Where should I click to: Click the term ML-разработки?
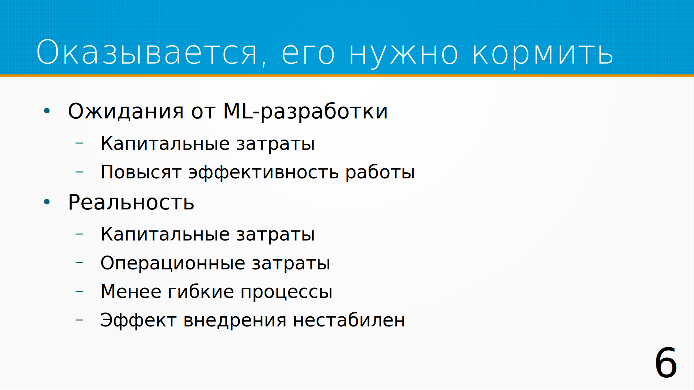[305, 112]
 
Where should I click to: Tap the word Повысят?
[141, 172]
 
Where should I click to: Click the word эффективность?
[264, 172]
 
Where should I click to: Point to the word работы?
[380, 172]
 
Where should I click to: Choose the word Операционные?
[173, 263]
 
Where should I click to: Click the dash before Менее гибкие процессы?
[80, 291]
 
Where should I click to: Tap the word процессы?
[286, 292]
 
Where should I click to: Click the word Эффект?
[138, 320]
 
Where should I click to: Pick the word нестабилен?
[349, 320]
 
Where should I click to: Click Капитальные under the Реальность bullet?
[165, 234]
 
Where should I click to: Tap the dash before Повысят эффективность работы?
[80, 172]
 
